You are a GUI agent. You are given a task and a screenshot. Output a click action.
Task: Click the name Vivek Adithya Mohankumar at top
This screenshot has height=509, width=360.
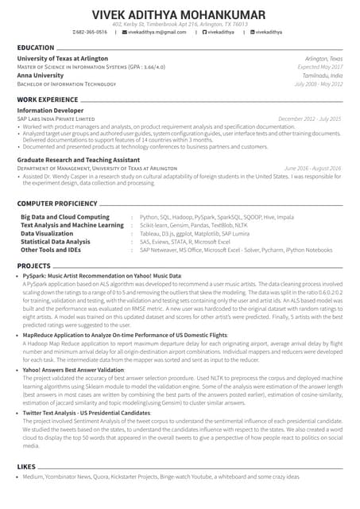(180, 14)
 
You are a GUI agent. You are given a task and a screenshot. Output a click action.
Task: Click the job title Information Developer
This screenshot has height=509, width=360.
(51, 111)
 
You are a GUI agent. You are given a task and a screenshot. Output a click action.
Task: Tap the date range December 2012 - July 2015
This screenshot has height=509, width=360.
(310, 119)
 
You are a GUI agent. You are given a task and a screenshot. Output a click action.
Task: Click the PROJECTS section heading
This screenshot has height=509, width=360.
(33, 265)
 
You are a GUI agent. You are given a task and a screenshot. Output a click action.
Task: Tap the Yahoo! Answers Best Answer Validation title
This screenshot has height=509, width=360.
(73, 370)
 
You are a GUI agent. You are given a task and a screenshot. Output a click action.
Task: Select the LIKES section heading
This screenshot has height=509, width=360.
(26, 465)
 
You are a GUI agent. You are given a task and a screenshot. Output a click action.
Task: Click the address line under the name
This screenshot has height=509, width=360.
(180, 25)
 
